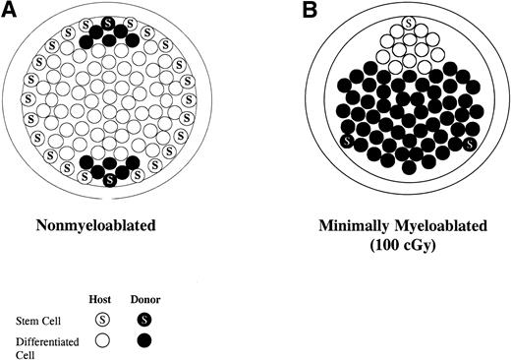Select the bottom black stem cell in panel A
(110, 179)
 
